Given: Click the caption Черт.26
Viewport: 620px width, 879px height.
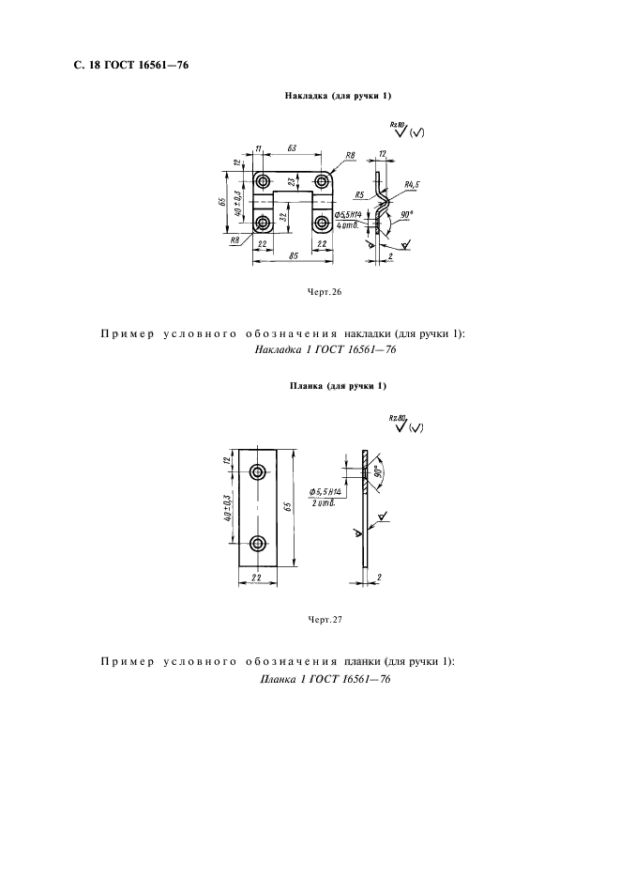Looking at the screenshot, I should click(x=325, y=292).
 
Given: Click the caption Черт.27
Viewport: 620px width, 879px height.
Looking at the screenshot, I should click(x=325, y=619).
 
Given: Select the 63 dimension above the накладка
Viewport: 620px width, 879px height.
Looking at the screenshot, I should click(x=292, y=148).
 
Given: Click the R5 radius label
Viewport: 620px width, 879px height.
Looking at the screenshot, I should click(x=360, y=194).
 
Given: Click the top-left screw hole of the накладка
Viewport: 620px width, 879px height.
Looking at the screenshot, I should click(x=263, y=180).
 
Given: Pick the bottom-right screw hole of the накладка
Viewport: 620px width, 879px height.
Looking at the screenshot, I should click(x=324, y=223).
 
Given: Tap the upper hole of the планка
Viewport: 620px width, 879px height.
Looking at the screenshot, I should click(x=258, y=470).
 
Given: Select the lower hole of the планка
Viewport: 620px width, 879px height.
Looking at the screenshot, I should click(x=258, y=542).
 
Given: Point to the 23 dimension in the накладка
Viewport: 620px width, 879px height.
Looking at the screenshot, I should click(x=292, y=183).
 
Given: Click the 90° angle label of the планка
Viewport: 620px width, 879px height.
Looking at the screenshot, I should click(x=377, y=473).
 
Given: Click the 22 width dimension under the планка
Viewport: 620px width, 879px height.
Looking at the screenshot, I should click(x=257, y=578).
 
